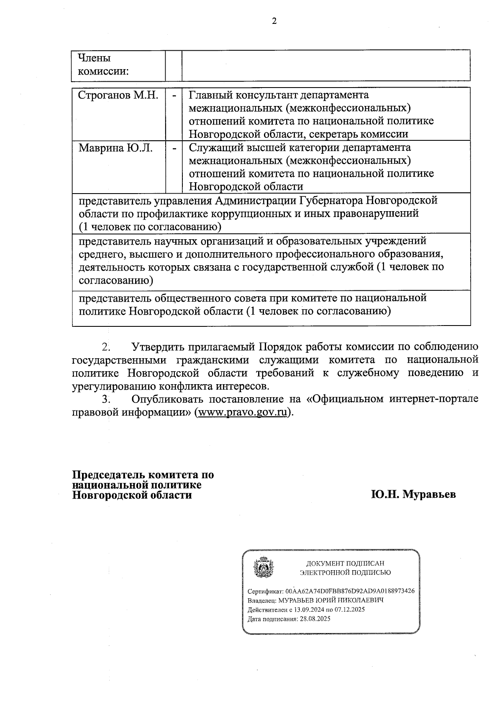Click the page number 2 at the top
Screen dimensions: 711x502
pos(274,22)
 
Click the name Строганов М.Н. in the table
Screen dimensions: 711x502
pos(118,96)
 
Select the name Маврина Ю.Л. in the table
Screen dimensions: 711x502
pos(116,148)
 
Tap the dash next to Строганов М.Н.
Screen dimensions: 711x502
pos(174,96)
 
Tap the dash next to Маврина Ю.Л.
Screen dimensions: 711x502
pos(174,148)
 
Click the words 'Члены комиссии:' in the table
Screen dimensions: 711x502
pos(103,65)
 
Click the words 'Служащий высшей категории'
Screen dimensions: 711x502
pos(264,148)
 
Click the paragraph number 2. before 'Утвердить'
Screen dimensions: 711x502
pos(106,347)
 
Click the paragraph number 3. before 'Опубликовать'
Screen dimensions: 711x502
pos(106,399)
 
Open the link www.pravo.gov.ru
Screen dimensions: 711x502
pos(243,412)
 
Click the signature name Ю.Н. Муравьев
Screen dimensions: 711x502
pos(413,494)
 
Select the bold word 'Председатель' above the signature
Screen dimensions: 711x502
pos(109,475)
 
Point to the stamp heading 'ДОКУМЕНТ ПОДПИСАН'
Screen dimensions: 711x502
pos(345,564)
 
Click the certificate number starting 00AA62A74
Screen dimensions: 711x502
pos(350,591)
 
